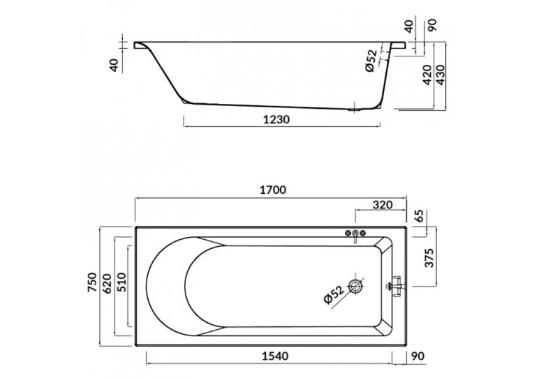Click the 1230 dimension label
(x=276, y=120)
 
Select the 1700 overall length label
(x=273, y=190)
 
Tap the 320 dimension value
(x=383, y=205)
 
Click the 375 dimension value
(x=430, y=258)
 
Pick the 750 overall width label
(x=93, y=282)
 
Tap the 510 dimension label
(x=121, y=282)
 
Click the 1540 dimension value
(x=275, y=356)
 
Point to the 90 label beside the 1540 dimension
(x=418, y=356)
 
